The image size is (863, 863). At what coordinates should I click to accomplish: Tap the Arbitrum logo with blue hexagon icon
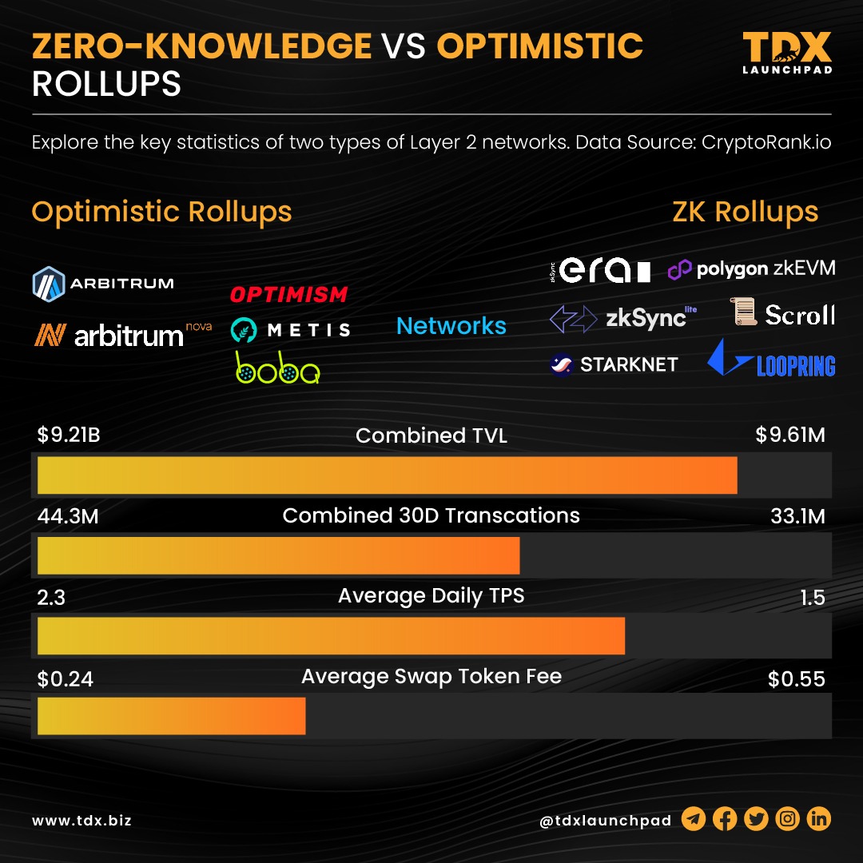click(x=103, y=283)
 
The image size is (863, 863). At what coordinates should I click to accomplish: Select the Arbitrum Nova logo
click(x=121, y=333)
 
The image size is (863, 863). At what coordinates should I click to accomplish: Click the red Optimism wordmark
click(x=288, y=295)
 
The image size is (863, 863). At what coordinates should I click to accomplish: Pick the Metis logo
click(x=290, y=329)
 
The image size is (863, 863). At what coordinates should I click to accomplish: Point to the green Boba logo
click(x=277, y=367)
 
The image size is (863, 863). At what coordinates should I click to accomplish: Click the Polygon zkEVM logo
click(x=751, y=269)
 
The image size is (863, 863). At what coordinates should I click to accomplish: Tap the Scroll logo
click(x=784, y=314)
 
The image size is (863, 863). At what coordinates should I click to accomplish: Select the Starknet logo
click(x=614, y=364)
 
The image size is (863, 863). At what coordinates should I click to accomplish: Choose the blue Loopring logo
click(x=771, y=359)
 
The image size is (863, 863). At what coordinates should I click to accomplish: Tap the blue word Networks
click(x=451, y=326)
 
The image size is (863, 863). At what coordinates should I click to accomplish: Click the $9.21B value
click(x=69, y=435)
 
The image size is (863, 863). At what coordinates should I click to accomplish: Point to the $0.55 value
click(x=796, y=679)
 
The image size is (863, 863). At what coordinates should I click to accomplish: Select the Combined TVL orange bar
click(x=388, y=475)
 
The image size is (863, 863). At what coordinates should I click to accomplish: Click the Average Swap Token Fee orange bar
click(x=172, y=716)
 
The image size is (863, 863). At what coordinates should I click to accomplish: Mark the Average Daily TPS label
click(x=431, y=596)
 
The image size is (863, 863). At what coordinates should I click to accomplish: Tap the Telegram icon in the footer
click(x=694, y=819)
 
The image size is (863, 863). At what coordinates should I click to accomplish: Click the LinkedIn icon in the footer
click(x=819, y=819)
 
